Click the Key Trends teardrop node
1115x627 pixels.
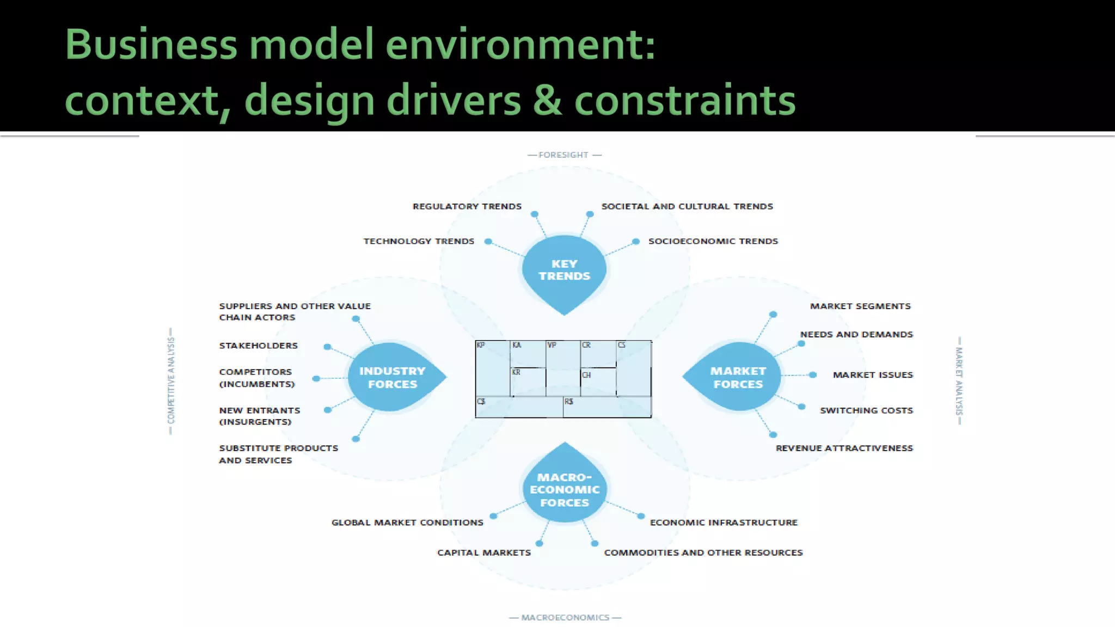click(564, 270)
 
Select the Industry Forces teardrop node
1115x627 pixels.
click(393, 377)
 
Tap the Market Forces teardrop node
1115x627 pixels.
click(738, 377)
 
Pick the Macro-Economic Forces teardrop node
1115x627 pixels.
click(565, 489)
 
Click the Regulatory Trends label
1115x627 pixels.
click(467, 206)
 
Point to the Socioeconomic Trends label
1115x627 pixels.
click(713, 241)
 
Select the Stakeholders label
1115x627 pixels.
click(258, 346)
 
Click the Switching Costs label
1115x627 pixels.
click(866, 410)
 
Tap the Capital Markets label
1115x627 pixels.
click(483, 552)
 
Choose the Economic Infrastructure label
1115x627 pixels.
click(724, 522)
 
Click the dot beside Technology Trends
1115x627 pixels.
click(488, 242)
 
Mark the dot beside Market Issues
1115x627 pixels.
click(813, 375)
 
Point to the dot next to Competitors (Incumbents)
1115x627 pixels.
click(316, 378)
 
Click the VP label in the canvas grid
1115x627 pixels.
click(552, 345)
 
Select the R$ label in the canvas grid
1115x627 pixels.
click(568, 402)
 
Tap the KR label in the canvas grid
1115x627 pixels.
click(516, 372)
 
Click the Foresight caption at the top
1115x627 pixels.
click(563, 155)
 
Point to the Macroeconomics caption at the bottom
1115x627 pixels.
click(565, 617)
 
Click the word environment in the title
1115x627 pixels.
click(520, 45)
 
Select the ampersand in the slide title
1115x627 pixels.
click(548, 100)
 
